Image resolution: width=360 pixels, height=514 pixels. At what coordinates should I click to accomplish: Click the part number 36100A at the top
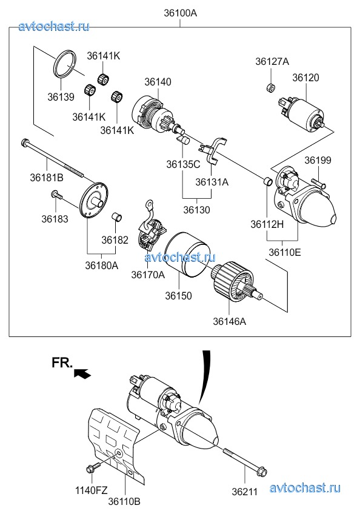[x=181, y=13]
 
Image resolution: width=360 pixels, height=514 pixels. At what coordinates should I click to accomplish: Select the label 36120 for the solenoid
[x=305, y=78]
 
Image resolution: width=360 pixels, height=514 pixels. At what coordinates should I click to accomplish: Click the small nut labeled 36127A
[x=270, y=87]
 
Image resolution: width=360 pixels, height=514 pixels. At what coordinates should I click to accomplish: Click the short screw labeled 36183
[x=56, y=195]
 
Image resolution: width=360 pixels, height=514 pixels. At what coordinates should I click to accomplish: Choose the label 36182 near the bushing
[x=115, y=240]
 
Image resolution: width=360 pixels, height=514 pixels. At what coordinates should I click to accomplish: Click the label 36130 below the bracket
[x=196, y=210]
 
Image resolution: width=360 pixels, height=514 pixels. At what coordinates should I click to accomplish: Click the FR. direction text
[x=62, y=363]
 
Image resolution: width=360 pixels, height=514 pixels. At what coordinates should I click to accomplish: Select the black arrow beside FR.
[x=82, y=373]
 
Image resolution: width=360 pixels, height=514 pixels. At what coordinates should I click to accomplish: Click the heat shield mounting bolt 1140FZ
[x=93, y=467]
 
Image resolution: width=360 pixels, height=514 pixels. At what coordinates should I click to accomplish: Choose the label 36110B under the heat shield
[x=125, y=501]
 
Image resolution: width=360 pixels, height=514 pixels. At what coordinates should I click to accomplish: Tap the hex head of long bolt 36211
[x=262, y=472]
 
